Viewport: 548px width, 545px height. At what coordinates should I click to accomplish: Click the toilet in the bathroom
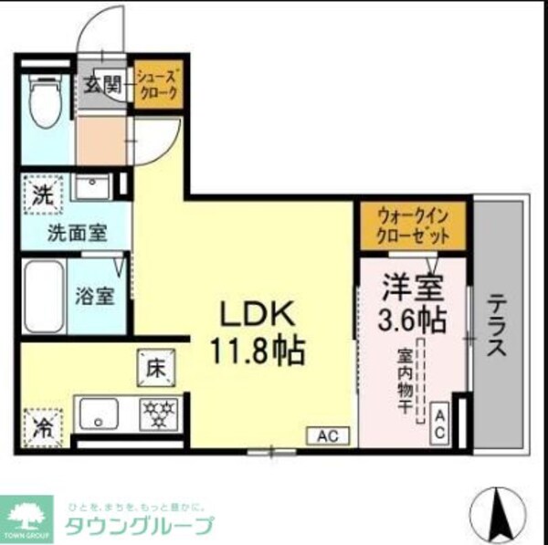(x=44, y=103)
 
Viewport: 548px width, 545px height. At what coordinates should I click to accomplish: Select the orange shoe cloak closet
(x=159, y=85)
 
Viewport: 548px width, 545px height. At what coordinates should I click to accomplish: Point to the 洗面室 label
(x=77, y=232)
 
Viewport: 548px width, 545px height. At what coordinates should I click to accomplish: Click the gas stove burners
(x=159, y=414)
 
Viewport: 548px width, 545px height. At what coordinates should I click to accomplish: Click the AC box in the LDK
(x=327, y=435)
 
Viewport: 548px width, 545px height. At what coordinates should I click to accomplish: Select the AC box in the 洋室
(x=439, y=423)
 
